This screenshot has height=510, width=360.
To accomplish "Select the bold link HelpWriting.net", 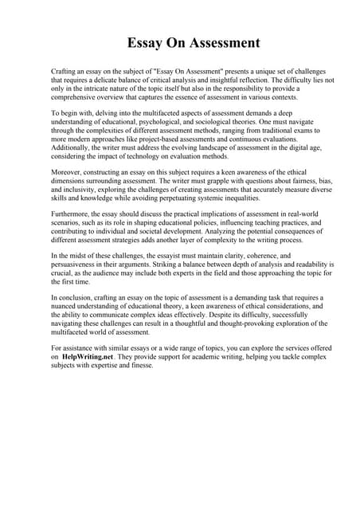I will (x=92, y=357).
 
